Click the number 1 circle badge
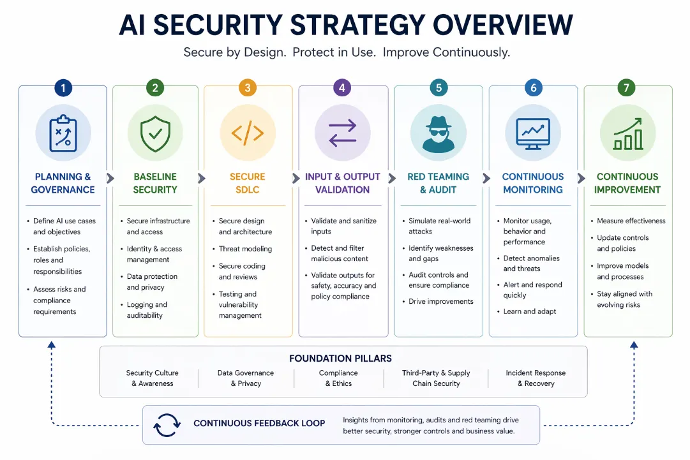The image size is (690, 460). (x=63, y=88)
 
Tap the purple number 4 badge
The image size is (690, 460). (x=342, y=88)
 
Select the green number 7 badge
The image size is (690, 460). (x=626, y=87)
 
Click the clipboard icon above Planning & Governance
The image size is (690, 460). (x=63, y=133)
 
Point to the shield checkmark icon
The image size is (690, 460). (x=155, y=134)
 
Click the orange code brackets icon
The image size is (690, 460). (x=247, y=133)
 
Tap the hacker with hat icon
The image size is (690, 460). (x=439, y=134)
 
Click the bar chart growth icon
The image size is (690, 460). (x=628, y=134)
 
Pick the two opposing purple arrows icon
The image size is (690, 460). (x=342, y=133)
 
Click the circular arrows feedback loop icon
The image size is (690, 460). (x=167, y=426)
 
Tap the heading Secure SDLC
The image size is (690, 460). (x=247, y=183)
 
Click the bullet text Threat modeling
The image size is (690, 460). (x=245, y=249)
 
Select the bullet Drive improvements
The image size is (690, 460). (x=441, y=301)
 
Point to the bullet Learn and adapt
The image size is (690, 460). (x=530, y=311)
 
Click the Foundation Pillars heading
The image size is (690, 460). (x=340, y=359)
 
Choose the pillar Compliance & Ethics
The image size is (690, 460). (x=338, y=378)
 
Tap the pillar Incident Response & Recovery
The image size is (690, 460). (x=536, y=378)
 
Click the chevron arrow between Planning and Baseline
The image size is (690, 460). (x=110, y=178)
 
